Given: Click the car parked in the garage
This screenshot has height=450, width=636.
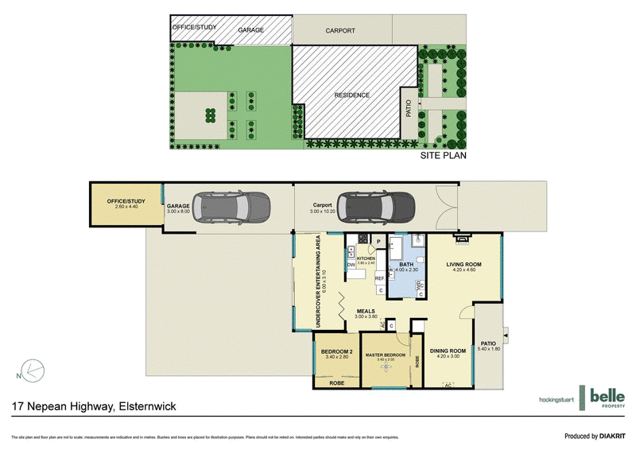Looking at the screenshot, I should (230, 208).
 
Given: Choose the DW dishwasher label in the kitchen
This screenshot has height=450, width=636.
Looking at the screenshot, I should (351, 265).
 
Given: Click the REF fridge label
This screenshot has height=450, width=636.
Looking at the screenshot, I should (379, 278).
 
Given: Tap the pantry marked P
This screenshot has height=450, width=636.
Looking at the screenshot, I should (378, 241).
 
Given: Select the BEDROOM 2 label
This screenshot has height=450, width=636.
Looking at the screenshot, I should (336, 351).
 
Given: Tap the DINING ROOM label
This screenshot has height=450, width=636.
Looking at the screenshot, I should (447, 351).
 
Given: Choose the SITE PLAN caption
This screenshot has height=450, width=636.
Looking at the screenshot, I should (443, 157).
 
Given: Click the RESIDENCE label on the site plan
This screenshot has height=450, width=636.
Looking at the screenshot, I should (351, 95).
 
